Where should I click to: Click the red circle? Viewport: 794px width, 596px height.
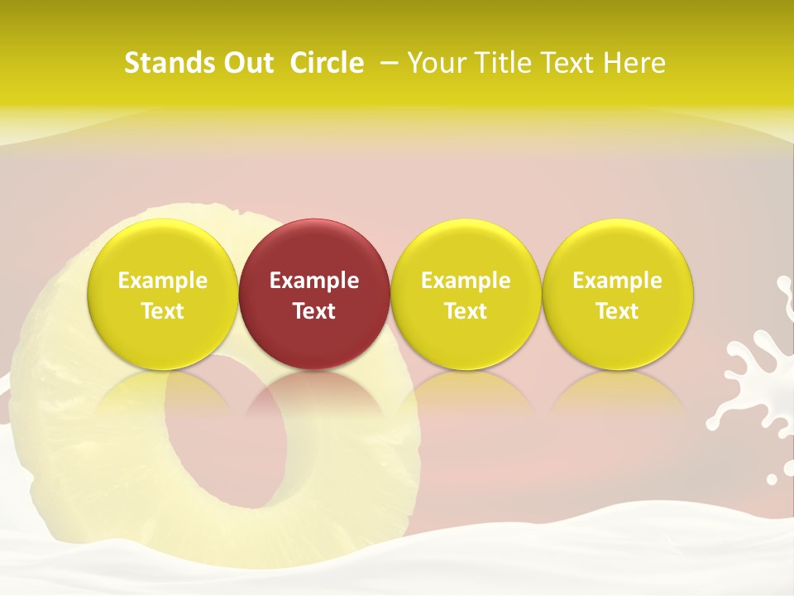tap(314, 248)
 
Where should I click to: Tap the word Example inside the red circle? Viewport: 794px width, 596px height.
tap(314, 281)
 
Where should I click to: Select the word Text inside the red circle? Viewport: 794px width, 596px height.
tap(314, 311)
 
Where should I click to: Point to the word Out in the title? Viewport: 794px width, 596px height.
tap(245, 63)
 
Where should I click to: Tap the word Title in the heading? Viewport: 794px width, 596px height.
tap(507, 63)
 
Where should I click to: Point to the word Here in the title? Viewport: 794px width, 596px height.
tap(635, 63)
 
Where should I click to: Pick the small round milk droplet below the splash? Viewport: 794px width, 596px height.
tap(772, 478)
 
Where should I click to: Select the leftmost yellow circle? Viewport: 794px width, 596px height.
tap(163, 248)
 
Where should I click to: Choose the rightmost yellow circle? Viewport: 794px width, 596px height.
tap(618, 248)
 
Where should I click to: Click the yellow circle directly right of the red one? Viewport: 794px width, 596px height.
tap(466, 248)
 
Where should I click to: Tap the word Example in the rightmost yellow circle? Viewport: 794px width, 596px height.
tap(618, 281)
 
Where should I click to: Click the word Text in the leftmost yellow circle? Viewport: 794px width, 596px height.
tap(163, 311)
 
